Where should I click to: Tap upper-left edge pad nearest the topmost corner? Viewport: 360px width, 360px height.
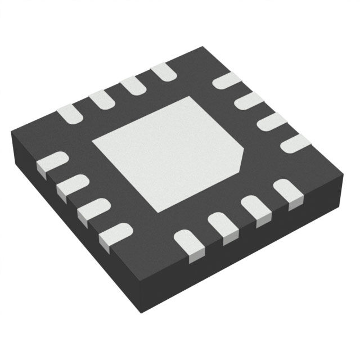164,71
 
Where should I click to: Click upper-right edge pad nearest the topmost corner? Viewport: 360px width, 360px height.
226,80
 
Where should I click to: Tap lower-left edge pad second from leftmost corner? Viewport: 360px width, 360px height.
73,185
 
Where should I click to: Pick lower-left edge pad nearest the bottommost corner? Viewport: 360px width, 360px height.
115,233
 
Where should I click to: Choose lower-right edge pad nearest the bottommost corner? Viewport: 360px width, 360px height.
189,243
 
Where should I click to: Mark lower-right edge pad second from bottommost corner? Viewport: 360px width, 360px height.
223,226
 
